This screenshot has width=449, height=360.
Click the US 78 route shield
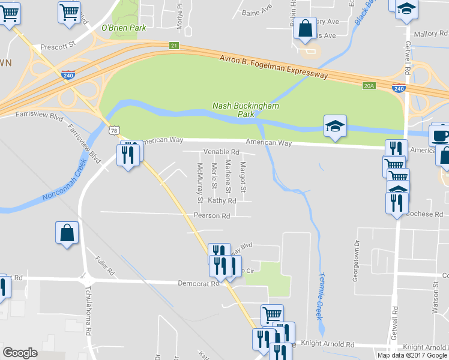(x=115, y=130)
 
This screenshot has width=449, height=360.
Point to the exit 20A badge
(x=369, y=86)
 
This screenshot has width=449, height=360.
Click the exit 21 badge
(x=173, y=46)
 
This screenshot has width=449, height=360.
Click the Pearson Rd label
(x=212, y=215)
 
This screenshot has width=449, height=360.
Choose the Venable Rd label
(x=221, y=152)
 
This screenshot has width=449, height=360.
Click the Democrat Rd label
(x=199, y=283)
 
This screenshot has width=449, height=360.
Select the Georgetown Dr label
(x=357, y=260)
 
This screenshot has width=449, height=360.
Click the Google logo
(x=20, y=353)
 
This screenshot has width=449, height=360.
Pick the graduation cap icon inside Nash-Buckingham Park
(x=335, y=126)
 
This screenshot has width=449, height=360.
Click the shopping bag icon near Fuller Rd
(x=67, y=233)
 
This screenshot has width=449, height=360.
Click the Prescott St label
(x=58, y=46)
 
